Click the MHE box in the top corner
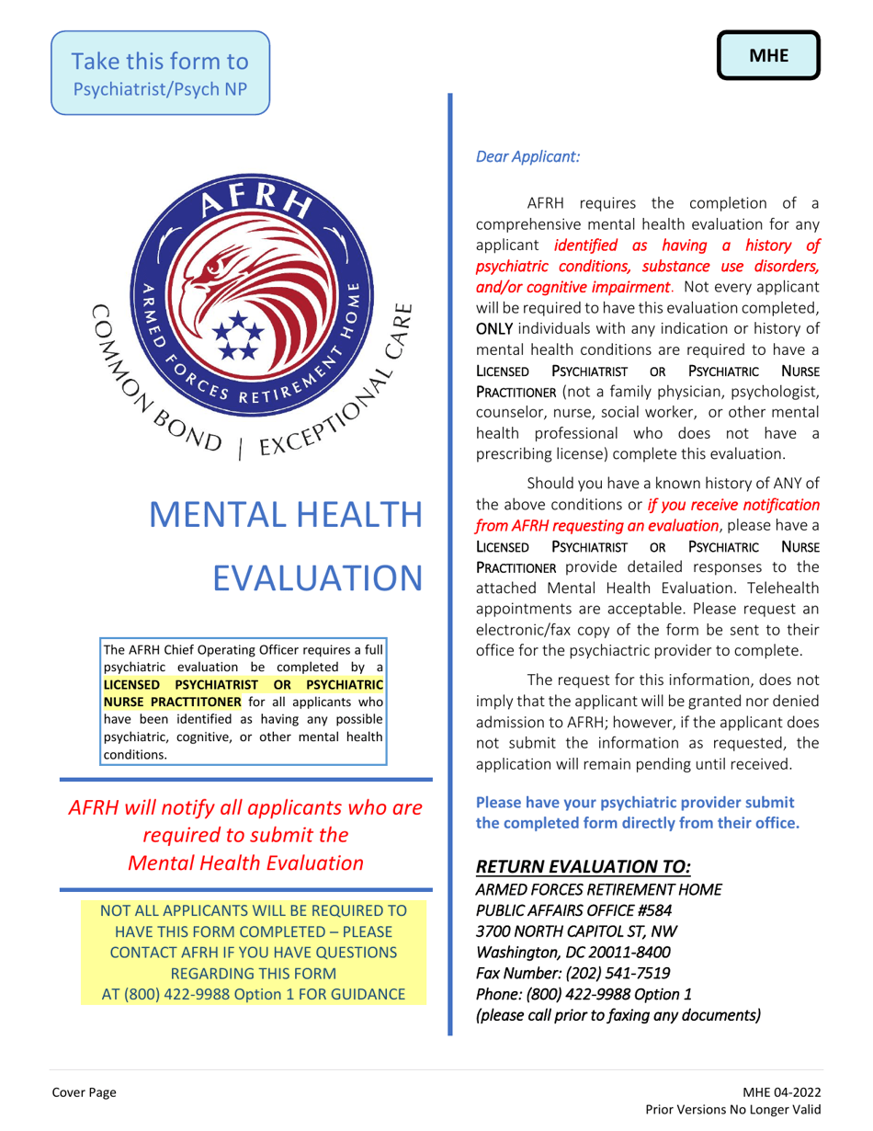[768, 55]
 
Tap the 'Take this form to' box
[160, 74]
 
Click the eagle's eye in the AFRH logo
[214, 270]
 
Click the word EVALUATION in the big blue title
[318, 577]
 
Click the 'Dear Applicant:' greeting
[527, 157]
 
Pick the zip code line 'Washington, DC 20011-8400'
[573, 952]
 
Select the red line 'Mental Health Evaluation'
[245, 863]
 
